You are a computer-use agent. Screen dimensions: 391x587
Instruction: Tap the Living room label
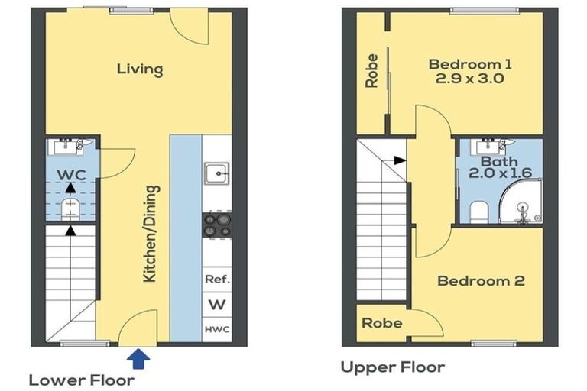[x=140, y=69]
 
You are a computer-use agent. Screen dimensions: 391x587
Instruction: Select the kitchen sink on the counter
[x=216, y=175]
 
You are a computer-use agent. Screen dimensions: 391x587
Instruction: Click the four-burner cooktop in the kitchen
[x=216, y=225]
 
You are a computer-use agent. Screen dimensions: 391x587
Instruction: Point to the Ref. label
[x=217, y=280]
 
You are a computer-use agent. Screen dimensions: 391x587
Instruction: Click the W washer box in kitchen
[x=217, y=304]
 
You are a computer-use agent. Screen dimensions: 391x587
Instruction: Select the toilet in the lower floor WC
[x=70, y=206]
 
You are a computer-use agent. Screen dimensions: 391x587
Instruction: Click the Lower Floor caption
[x=82, y=380]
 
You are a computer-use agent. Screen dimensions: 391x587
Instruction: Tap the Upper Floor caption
[x=392, y=367]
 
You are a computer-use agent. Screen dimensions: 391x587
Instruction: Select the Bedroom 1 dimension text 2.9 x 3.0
[x=469, y=78]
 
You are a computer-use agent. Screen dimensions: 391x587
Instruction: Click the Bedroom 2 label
[x=480, y=281]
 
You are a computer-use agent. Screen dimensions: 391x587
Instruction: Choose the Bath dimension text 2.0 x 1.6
[x=499, y=174]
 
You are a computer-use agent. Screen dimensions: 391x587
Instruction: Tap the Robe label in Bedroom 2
[x=382, y=323]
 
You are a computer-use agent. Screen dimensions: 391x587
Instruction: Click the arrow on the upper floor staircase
[x=399, y=160]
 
